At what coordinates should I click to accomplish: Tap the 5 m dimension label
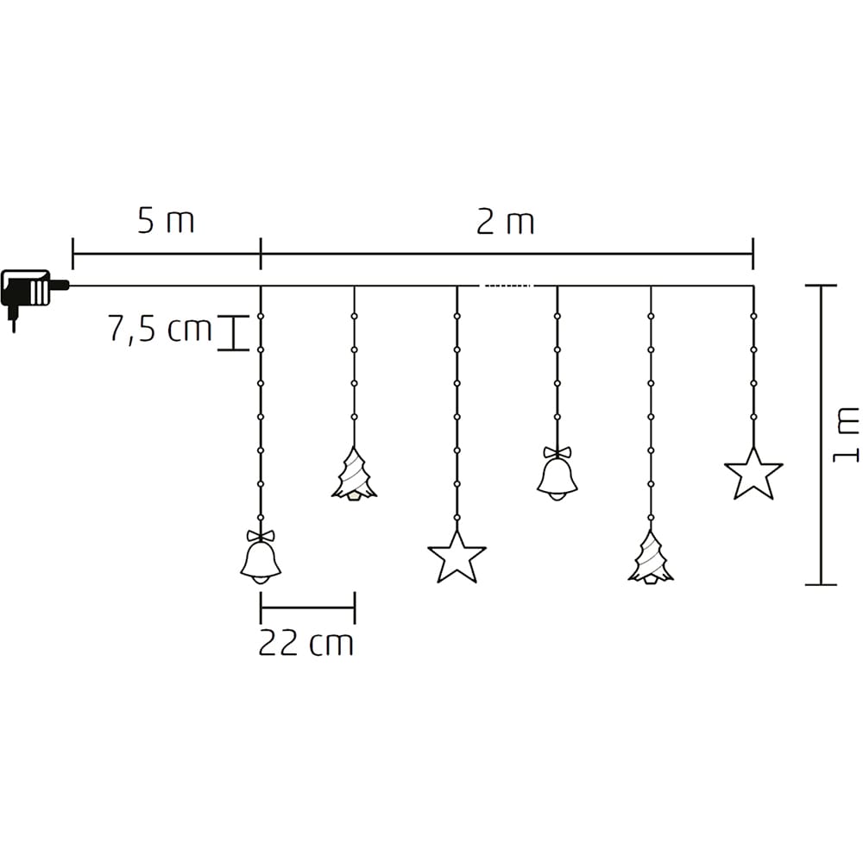tap(166, 221)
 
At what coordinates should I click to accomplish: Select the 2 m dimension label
tap(505, 223)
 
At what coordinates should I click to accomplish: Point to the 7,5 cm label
tap(160, 329)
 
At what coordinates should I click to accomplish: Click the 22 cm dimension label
tap(306, 642)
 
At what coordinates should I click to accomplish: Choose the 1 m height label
tap(846, 435)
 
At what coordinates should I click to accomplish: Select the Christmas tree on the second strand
tap(354, 475)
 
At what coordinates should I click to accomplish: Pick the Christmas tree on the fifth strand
tap(651, 557)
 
